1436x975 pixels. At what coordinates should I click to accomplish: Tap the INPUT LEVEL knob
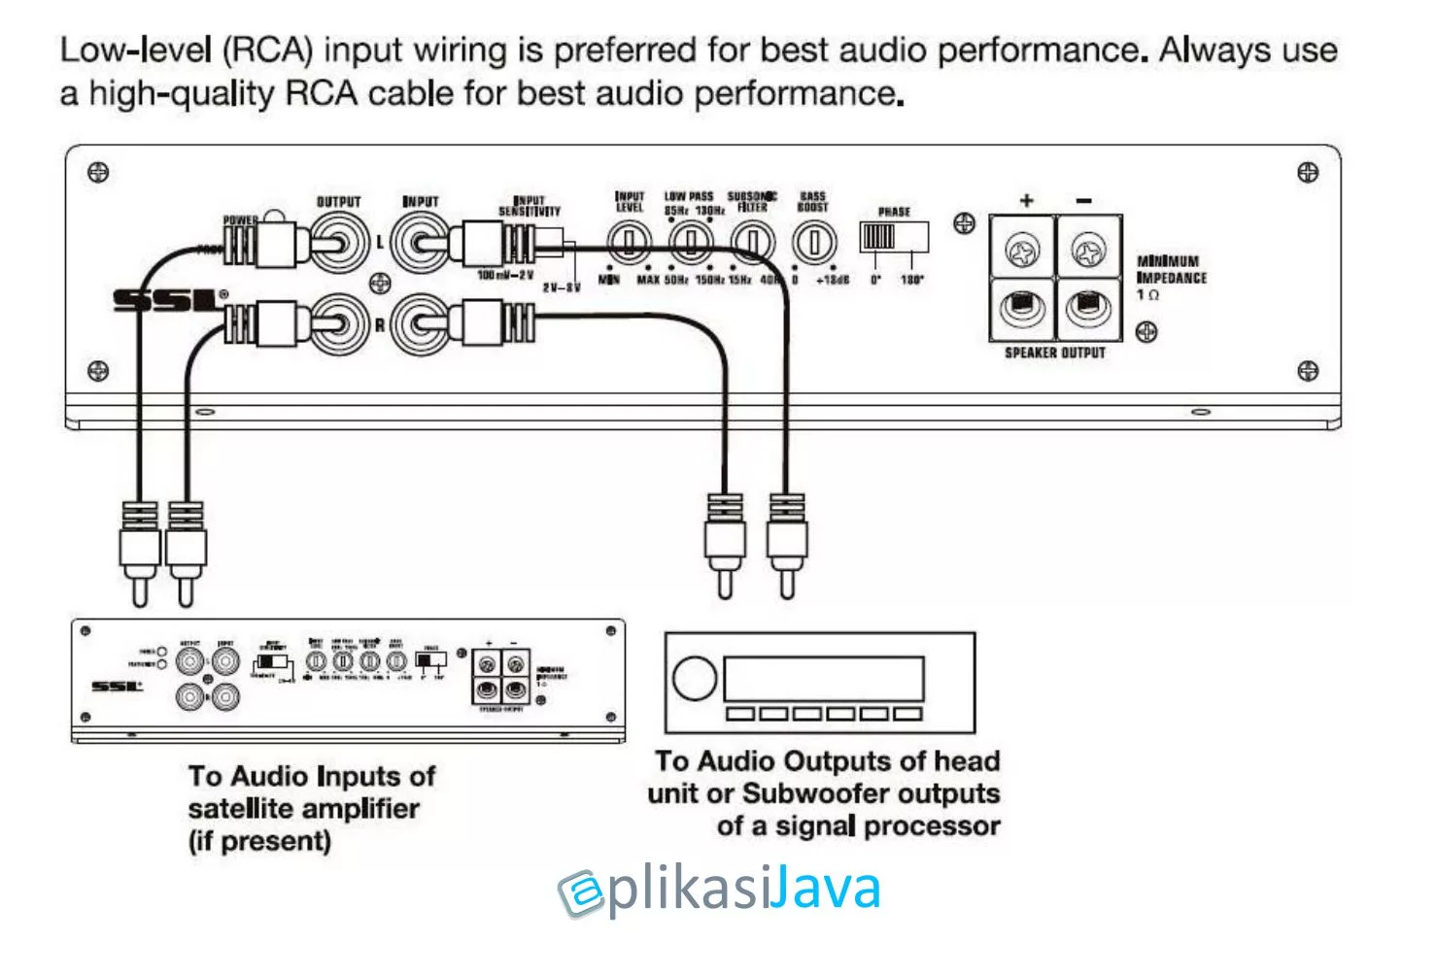tap(629, 242)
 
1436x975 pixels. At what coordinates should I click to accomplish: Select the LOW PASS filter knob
tap(692, 242)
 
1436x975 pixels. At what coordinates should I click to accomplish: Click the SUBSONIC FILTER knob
tap(752, 242)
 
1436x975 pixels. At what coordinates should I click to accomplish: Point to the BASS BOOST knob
tap(813, 242)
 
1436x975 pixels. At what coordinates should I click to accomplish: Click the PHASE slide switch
tap(893, 237)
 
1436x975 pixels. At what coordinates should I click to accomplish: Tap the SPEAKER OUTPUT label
tap(1055, 353)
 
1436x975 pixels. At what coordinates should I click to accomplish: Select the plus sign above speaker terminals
tap(1026, 201)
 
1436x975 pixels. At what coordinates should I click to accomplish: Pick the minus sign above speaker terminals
tap(1084, 201)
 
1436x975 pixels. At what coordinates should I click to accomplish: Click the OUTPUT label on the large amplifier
tap(338, 202)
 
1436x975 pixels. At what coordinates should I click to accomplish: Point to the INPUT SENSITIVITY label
tap(530, 206)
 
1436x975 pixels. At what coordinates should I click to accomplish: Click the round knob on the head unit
tap(695, 678)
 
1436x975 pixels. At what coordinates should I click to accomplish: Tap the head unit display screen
tap(824, 678)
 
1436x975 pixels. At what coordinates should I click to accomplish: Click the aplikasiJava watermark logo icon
tap(582, 892)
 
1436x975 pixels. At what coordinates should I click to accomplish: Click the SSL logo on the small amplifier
tap(117, 687)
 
